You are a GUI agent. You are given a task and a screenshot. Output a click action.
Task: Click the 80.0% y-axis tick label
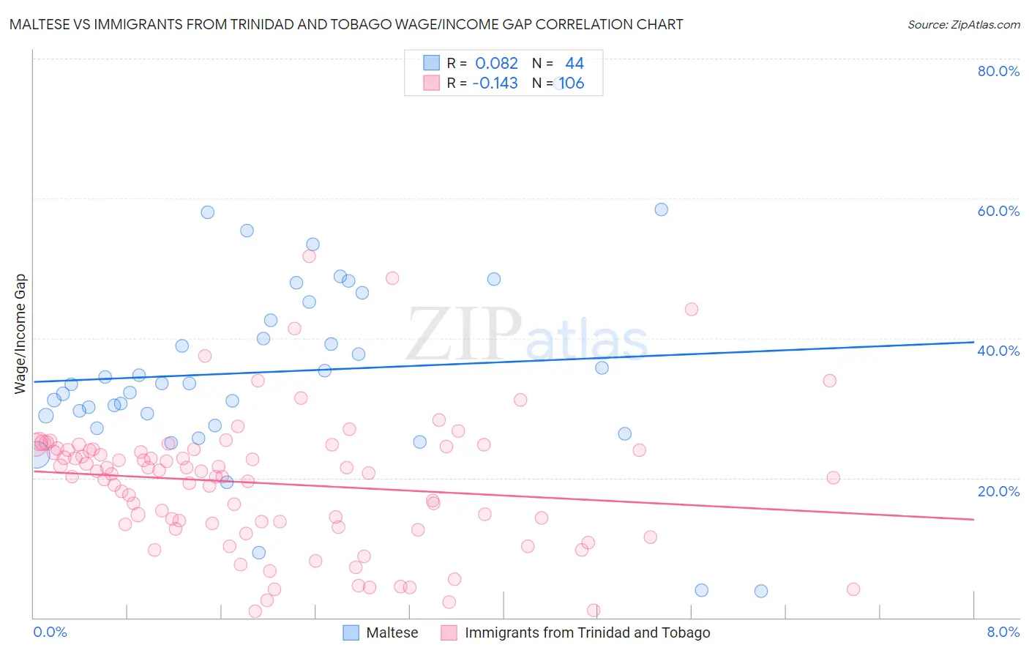[998, 71]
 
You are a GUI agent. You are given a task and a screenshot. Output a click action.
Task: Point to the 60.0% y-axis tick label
[998, 211]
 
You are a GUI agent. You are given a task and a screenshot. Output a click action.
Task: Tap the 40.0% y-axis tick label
[998, 351]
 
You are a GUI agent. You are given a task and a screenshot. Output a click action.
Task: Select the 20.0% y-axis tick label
[998, 490]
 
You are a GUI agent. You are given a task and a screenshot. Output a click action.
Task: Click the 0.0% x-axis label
[50, 632]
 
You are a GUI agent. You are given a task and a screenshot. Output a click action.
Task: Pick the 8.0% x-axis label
[1003, 632]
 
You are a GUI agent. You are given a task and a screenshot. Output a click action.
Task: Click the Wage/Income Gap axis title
[20, 334]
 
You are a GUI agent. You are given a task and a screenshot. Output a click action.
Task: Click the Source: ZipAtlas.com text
[963, 24]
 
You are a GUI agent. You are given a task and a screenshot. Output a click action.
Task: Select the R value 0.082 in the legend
[496, 64]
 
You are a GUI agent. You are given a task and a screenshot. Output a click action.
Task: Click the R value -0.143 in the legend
[495, 83]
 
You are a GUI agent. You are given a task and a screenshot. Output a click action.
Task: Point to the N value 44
[575, 64]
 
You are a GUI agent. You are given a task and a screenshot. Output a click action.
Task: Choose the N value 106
[572, 83]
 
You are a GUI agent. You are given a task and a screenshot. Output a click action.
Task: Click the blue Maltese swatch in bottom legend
[351, 633]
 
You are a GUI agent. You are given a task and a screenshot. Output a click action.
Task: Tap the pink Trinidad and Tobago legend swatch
[449, 633]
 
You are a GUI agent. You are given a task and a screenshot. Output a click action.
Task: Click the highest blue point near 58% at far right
[661, 209]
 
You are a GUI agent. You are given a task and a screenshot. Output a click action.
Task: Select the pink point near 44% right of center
[691, 309]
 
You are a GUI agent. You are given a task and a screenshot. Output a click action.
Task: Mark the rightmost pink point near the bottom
[853, 589]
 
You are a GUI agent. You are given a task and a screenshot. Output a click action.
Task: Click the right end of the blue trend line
[973, 342]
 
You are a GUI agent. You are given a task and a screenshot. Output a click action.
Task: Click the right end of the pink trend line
[973, 519]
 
